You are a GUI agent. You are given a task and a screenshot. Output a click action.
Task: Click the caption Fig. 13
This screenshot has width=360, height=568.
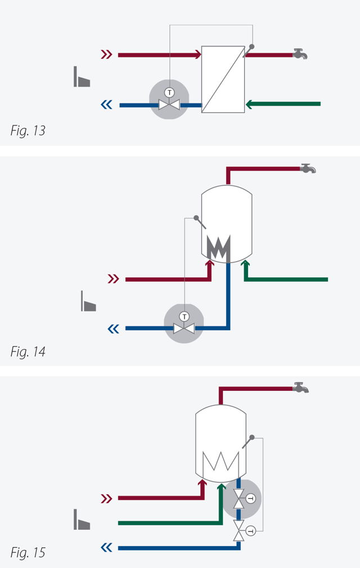click(28, 131)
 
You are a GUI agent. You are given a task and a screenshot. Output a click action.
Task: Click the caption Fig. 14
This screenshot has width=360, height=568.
click(28, 352)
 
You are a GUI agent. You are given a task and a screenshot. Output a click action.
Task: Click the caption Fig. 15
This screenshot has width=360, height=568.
click(28, 553)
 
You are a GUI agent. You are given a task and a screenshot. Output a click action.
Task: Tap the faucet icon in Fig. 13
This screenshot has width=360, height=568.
click(300, 54)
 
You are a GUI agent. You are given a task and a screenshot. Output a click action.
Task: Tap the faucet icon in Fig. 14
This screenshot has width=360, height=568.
click(308, 168)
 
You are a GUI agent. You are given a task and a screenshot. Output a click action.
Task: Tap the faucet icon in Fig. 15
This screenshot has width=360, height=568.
click(301, 387)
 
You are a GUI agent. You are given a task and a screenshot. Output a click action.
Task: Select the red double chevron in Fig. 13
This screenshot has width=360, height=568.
click(106, 55)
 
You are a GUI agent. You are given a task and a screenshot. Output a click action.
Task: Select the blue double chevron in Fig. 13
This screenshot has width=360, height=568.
click(106, 104)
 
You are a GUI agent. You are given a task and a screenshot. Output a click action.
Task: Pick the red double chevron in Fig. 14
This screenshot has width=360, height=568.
click(114, 279)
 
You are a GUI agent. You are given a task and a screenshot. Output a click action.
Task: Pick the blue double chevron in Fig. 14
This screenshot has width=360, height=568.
click(114, 328)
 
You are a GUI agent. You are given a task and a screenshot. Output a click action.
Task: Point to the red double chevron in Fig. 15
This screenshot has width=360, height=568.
click(106, 498)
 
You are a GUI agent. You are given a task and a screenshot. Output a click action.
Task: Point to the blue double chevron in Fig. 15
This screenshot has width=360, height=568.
click(106, 547)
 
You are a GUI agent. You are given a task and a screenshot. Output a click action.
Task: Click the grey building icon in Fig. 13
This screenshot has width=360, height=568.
click(82, 77)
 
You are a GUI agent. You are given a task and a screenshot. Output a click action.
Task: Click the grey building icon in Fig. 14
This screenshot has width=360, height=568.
click(88, 301)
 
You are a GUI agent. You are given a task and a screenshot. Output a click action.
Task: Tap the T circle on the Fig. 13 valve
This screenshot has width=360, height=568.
click(169, 92)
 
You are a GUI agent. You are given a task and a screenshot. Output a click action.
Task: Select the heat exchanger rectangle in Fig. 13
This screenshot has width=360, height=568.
click(223, 79)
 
